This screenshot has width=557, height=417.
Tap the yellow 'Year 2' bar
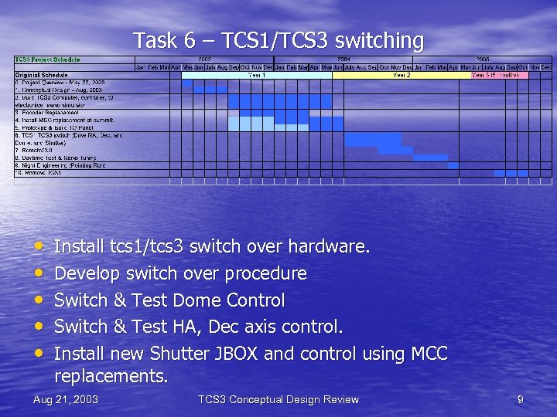[402, 75]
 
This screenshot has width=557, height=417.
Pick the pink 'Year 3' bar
[500, 75]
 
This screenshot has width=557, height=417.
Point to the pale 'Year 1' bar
[256, 75]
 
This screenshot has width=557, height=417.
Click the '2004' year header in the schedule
[343, 59]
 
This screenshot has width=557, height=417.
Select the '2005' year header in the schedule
[482, 59]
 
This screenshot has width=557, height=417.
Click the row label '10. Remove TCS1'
[39, 172]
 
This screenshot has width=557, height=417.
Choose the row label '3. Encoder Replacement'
[46, 113]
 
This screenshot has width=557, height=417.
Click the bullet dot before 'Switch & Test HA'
[39, 327]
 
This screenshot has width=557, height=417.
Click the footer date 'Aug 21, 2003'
[66, 399]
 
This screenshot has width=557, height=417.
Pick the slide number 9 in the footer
[521, 399]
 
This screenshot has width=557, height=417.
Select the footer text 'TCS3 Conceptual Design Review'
[278, 399]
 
